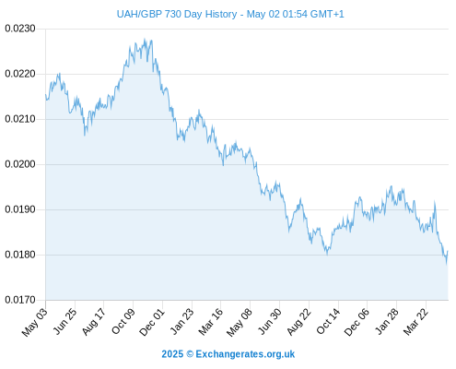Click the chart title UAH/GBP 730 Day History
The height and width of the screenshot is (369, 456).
pos(177,14)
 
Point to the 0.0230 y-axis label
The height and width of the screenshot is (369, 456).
pos(20,29)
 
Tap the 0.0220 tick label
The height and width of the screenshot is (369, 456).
pos(20,74)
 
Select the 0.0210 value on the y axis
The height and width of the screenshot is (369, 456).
pos(20,119)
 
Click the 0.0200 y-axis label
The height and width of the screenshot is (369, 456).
pos(20,164)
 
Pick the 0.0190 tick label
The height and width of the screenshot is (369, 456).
pos(20,209)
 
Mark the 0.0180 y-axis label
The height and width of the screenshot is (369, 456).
pos(20,255)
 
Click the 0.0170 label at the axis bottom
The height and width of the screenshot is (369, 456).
pos(20,300)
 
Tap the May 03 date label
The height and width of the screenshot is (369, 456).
pos(35,322)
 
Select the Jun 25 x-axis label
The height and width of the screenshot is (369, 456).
pos(65,321)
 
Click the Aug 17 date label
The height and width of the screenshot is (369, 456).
pos(94,321)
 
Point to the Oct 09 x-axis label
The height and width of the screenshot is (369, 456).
pos(123,321)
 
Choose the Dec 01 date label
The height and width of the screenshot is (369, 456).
pos(152,322)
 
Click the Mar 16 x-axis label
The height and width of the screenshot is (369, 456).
pos(211,321)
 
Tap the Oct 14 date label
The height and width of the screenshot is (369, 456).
pos(328,321)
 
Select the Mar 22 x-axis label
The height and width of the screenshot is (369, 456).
pos(415,321)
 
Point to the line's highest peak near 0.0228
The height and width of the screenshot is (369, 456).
pos(145,39)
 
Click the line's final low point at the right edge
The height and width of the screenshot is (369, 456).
pos(447,263)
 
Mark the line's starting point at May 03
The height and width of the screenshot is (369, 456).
pos(46,95)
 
